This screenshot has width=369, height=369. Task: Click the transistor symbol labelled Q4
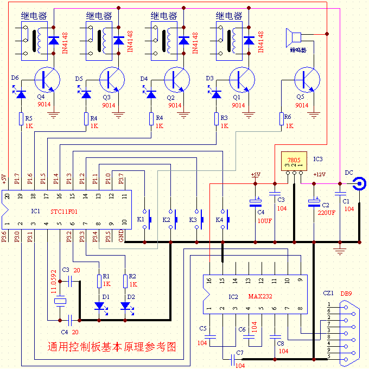pyautogui.click(x=47, y=80)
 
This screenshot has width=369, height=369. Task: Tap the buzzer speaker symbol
pyautogui.click(x=294, y=38)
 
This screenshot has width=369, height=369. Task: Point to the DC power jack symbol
pyautogui.click(x=359, y=184)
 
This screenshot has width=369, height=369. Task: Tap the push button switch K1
pyautogui.click(x=145, y=219)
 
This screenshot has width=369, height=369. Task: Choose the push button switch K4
pyautogui.click(x=224, y=219)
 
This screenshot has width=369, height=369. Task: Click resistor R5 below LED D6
pyautogui.click(x=21, y=118)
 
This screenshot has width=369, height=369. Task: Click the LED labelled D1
pyautogui.click(x=99, y=306)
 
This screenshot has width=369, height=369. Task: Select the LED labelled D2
pyautogui.click(x=125, y=306)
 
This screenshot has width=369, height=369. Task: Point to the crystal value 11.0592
pyautogui.click(x=53, y=281)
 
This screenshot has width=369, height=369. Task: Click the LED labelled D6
pyautogui.click(x=21, y=94)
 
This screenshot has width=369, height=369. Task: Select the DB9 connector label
pyautogui.click(x=346, y=294)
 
